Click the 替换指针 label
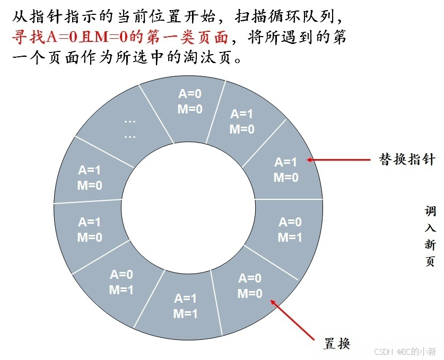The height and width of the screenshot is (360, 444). tap(406, 160)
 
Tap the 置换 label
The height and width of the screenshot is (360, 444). tap(337, 343)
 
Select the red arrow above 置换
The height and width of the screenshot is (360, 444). tap(297, 318)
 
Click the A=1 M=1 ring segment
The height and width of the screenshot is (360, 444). tap(185, 306)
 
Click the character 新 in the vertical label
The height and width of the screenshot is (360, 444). tap(430, 244)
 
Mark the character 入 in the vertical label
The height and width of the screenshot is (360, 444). tap(430, 228)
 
